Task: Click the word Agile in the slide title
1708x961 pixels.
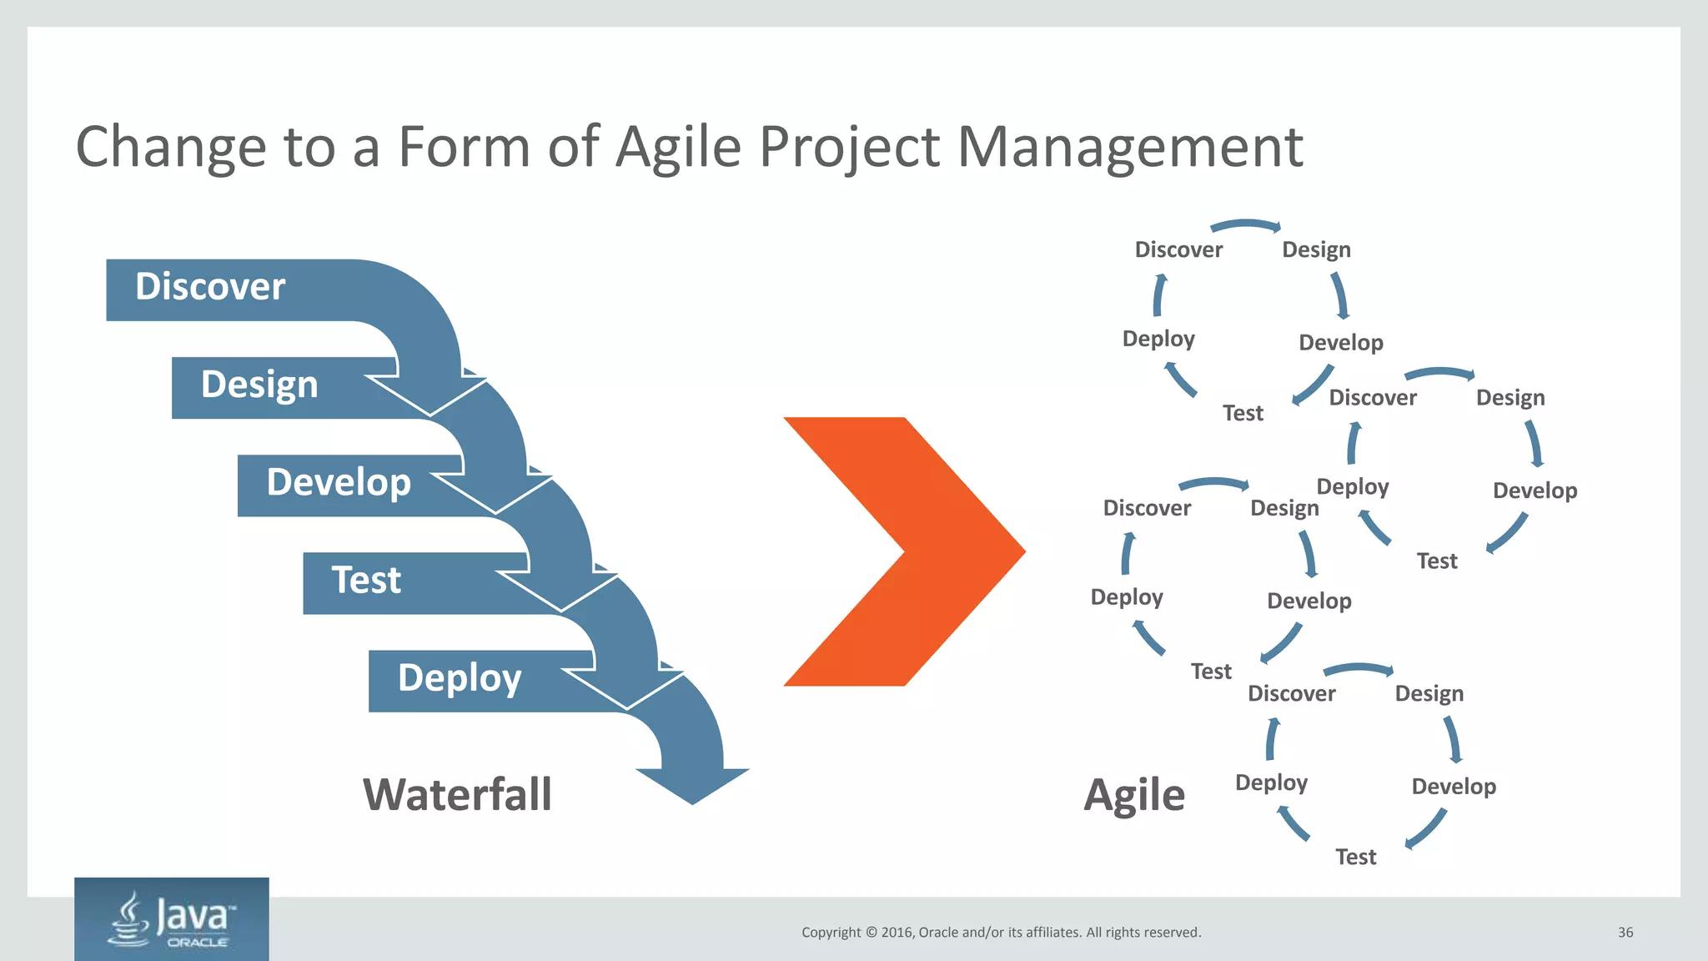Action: click(x=678, y=147)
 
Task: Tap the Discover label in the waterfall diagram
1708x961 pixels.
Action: click(x=210, y=287)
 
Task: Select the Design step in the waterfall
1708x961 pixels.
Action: click(x=259, y=385)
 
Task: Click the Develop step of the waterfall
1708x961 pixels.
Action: click(x=339, y=482)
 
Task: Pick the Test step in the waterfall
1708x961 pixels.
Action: click(x=366, y=581)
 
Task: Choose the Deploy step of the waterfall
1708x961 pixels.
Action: click(x=460, y=678)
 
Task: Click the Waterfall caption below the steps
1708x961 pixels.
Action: click(x=457, y=794)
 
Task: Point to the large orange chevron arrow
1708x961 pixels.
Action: click(x=905, y=551)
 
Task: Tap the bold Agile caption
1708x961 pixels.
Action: click(x=1133, y=794)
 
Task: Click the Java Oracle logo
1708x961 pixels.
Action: click(x=172, y=918)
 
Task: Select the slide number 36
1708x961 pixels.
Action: click(x=1625, y=933)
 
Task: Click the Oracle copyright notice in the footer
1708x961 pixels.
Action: click(x=1001, y=933)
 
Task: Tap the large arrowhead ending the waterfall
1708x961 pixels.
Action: click(x=692, y=782)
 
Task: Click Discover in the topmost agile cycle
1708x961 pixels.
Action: click(x=1178, y=249)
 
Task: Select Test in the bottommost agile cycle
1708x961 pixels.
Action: click(x=1355, y=857)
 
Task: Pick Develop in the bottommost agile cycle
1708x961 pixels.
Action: click(x=1453, y=787)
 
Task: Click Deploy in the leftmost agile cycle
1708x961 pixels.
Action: click(x=1126, y=597)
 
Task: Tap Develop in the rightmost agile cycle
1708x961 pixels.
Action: click(x=1535, y=491)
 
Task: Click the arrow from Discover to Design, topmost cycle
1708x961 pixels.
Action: click(x=1244, y=225)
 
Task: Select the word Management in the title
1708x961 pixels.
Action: click(x=1129, y=147)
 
